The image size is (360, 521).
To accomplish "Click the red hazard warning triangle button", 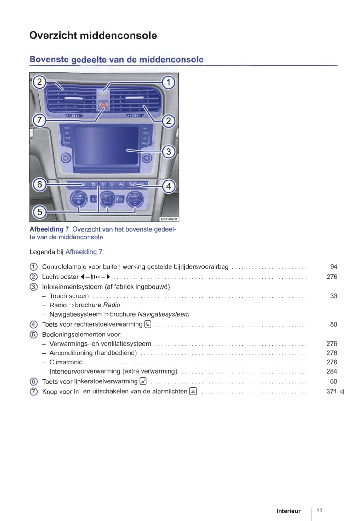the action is click(103, 105).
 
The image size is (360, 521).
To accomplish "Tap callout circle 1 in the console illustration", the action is click(168, 82).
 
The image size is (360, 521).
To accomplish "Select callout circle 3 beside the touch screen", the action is click(168, 152).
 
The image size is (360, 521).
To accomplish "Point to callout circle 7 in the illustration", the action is click(39, 120).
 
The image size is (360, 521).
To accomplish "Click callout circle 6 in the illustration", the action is click(39, 185).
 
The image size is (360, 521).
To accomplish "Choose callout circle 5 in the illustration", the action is click(39, 212).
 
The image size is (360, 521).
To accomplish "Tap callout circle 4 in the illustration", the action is click(168, 186).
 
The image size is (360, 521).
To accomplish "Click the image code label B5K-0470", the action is click(169, 219).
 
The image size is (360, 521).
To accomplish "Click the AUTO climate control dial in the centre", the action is click(107, 199).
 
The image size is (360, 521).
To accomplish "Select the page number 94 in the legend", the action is click(334, 267).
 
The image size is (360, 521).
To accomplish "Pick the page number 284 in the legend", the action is click(332, 371).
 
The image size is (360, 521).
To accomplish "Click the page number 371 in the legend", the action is click(332, 392).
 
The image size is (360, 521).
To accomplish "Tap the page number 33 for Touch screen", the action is click(334, 296).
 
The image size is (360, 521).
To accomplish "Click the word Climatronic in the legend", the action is click(66, 362).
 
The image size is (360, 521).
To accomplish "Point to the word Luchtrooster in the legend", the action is click(60, 277).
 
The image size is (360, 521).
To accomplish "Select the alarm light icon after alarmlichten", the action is click(193, 392).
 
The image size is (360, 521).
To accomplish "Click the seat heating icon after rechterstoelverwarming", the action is click(148, 324).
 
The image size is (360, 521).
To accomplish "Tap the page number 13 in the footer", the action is click(319, 510).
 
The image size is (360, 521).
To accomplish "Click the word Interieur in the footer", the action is click(288, 511).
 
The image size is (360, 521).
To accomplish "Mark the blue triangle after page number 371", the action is click(342, 392).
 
